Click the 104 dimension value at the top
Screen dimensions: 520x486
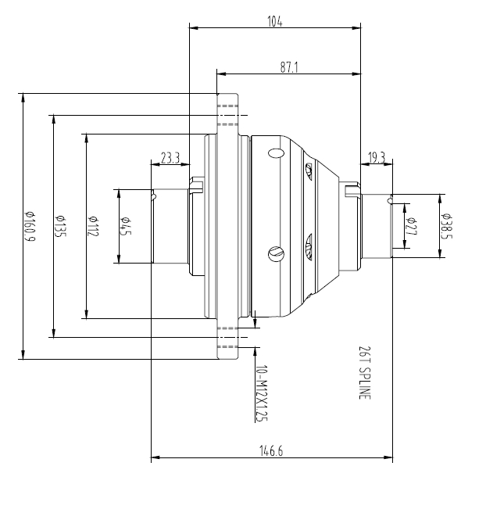coord(274,21)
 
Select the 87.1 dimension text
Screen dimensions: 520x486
coord(289,68)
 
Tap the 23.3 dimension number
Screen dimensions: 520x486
coord(170,158)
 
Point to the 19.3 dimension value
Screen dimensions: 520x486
coord(376,158)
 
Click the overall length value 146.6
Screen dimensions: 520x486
coord(270,451)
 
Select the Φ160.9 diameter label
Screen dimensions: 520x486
coord(29,226)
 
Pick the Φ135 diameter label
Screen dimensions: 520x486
coord(59,226)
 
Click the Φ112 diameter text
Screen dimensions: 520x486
coord(92,226)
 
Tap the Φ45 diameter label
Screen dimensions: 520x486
coord(124,226)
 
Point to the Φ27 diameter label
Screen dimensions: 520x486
coord(411,226)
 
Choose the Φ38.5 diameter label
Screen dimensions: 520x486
coord(445,226)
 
